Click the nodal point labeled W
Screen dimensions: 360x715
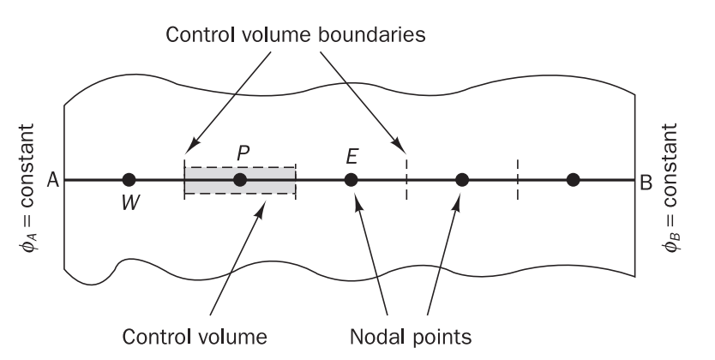point(129,179)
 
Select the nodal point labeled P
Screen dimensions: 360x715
point(240,179)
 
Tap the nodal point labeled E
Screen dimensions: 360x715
point(351,179)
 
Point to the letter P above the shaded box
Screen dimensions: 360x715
point(243,152)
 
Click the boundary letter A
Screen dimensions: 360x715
point(51,180)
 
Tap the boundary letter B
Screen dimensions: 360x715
point(646,180)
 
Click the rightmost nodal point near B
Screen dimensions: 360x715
point(574,179)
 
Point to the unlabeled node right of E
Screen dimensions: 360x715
point(462,179)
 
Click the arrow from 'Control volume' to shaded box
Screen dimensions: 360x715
point(233,257)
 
